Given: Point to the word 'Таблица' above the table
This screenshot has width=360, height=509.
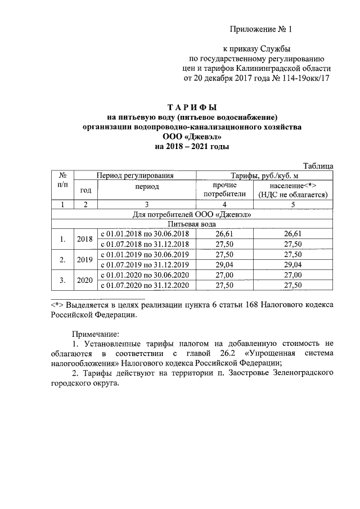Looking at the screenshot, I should tap(319, 165).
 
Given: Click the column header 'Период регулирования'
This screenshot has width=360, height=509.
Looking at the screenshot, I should tap(134, 175).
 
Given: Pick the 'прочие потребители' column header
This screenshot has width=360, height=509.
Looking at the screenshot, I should tap(224, 190).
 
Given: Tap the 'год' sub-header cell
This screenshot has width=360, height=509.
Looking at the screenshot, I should tap(86, 190).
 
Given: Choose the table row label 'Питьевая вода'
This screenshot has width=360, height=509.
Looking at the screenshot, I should tap(192, 224).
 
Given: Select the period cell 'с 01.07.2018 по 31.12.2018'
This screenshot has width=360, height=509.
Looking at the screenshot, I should tap(144, 244).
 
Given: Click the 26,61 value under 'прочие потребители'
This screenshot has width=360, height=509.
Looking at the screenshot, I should tap(224, 233).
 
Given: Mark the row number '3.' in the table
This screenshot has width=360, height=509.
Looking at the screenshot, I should tap(63, 280).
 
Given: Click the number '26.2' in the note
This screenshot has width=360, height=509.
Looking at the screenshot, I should tap(226, 353).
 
